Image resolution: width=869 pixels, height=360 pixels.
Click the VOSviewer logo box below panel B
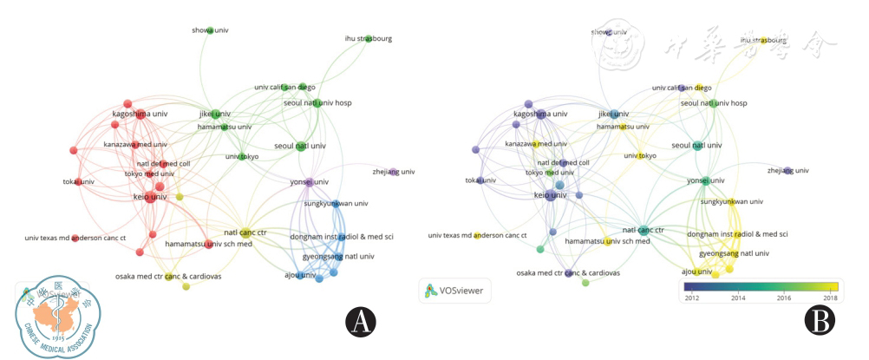(454, 291)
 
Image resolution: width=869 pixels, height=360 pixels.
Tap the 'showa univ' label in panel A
(211, 30)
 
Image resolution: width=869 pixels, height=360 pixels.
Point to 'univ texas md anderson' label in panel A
(75, 238)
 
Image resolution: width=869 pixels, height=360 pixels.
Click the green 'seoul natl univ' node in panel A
(300, 145)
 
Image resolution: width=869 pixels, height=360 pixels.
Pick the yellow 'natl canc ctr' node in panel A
(243, 232)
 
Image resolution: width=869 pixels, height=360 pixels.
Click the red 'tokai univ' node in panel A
(76, 181)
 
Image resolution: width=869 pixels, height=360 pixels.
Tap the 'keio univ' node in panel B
(552, 197)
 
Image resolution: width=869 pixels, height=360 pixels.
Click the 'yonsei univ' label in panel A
(309, 181)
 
